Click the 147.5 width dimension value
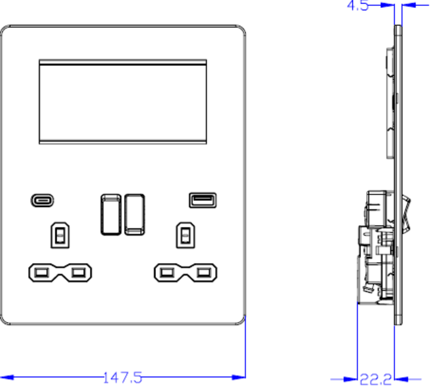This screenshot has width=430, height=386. [x=122, y=377]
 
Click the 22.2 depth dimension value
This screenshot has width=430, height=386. [x=375, y=379]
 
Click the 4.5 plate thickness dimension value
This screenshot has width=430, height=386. [x=358, y=5]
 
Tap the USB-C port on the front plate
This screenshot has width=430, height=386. [x=42, y=200]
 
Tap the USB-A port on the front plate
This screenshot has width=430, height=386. [x=203, y=200]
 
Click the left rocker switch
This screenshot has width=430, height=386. [x=111, y=214]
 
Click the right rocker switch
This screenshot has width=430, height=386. [x=134, y=214]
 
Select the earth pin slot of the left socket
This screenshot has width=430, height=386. [x=60, y=236]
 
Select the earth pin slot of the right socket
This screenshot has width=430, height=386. [x=185, y=236]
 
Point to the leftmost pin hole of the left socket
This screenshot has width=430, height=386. [x=42, y=273]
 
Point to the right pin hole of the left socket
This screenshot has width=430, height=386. [x=78, y=273]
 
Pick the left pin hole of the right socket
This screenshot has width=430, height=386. [x=167, y=273]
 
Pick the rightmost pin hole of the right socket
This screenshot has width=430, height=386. [x=203, y=273]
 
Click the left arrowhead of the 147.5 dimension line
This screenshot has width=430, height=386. [x=7, y=377]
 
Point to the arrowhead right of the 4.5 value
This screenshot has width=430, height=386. [x=409, y=5]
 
